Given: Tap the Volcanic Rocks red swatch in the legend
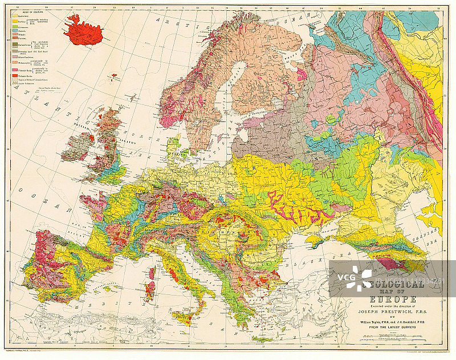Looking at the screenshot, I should coord(14,75).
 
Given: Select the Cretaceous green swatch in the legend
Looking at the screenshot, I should coord(14,27).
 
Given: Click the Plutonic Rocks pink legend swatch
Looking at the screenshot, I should coord(14,70).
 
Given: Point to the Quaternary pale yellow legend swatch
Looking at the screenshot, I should coord(14,16).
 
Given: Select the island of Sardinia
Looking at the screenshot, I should coord(150,290).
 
